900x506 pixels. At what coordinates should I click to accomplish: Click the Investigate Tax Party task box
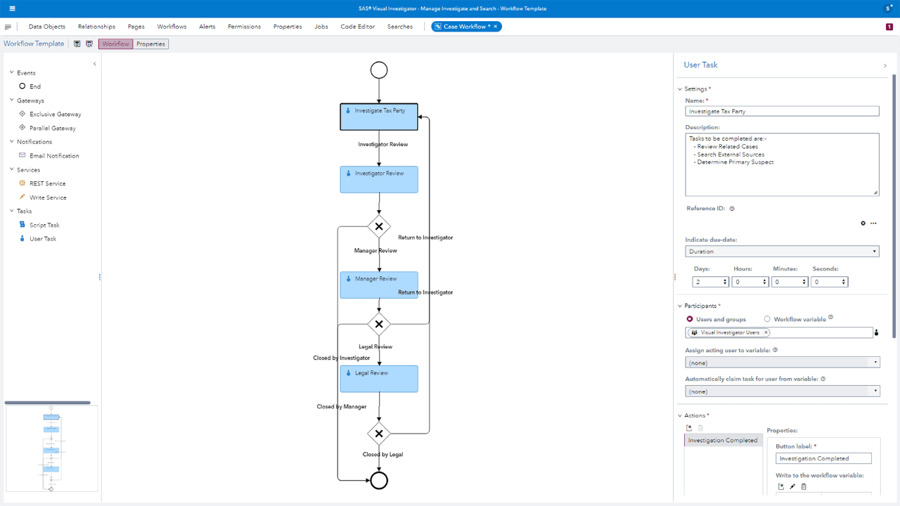(379, 117)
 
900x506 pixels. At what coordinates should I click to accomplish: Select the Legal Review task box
(379, 379)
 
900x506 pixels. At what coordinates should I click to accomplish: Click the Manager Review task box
(379, 285)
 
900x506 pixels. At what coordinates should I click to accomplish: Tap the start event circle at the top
(379, 70)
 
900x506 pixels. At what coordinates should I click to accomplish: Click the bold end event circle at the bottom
(379, 480)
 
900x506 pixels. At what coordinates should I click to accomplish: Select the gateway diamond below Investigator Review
(379, 226)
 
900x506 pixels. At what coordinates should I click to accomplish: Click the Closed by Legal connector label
(382, 455)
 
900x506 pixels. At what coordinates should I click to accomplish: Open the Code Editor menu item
(357, 27)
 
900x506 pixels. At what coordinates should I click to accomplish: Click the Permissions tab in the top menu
(244, 27)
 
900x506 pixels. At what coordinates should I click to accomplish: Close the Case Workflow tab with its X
(496, 26)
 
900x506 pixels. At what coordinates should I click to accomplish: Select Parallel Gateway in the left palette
(52, 128)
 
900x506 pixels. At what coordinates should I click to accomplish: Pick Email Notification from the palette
(54, 156)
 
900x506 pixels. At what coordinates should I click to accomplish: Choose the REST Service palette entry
(47, 183)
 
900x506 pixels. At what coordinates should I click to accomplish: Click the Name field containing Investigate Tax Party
(782, 111)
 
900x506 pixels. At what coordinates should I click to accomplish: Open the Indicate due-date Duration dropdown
(782, 251)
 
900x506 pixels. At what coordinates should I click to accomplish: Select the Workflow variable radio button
(767, 319)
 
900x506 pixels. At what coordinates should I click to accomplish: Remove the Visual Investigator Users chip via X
(766, 332)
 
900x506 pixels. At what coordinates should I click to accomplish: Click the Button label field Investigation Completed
(823, 458)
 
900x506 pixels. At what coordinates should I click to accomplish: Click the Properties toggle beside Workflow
(150, 44)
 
